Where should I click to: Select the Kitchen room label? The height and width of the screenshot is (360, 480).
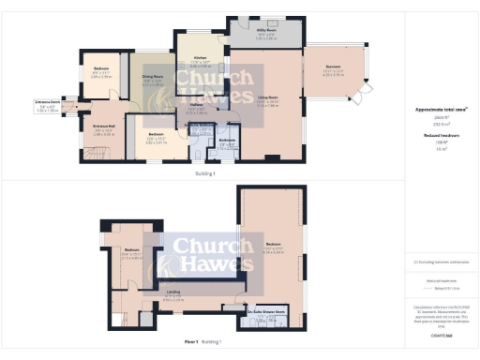(x=199, y=58)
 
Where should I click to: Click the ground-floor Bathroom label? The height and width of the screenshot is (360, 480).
(x=227, y=142)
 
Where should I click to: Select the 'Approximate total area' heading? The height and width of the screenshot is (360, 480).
(x=441, y=110)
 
